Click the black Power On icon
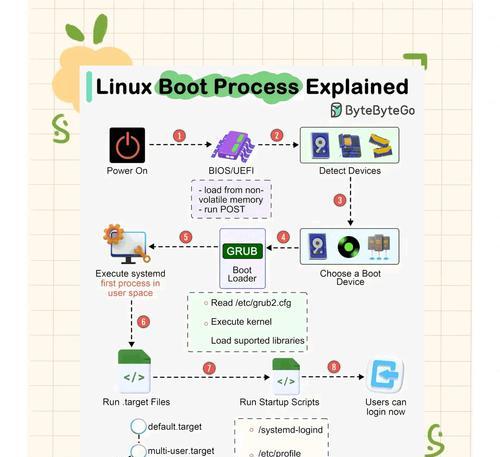point(127,145)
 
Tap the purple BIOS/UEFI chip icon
point(233,146)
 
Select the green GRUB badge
point(242,251)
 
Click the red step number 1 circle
point(179,136)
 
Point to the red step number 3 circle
point(340,200)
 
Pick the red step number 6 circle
point(143,322)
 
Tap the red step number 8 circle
point(334,367)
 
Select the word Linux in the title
point(124,87)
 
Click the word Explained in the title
point(357,87)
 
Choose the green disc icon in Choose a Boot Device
point(349,247)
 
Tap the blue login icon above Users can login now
point(385,376)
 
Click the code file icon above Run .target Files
point(134,371)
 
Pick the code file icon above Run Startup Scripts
point(286,376)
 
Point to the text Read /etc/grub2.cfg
point(251,303)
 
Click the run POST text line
point(222,209)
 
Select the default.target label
point(175,427)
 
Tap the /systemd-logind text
point(290,430)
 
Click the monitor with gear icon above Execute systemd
point(127,244)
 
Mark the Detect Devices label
point(350,171)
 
